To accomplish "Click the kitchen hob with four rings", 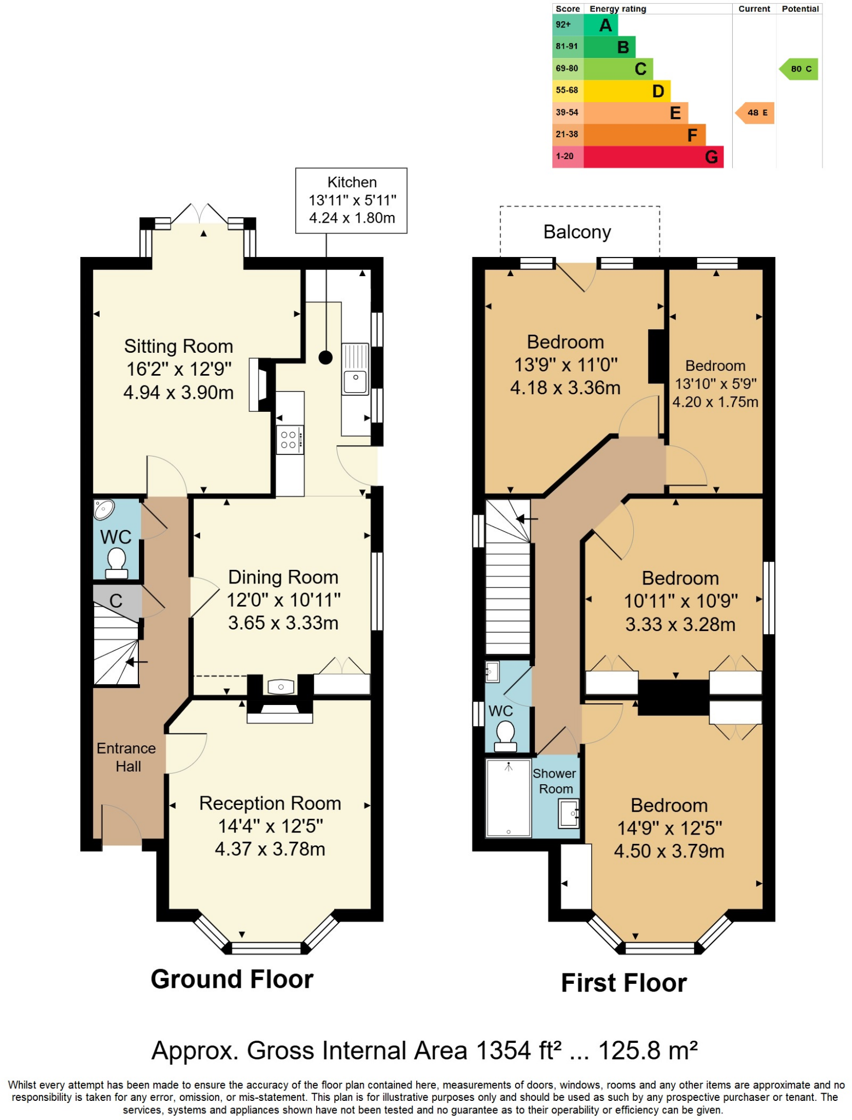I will tap(289, 440).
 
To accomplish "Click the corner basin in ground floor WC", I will tap(103, 510).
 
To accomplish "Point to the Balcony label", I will tap(577, 232).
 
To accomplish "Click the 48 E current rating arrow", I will tap(755, 113).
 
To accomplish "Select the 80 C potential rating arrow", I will tap(800, 69).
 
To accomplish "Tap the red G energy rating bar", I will tap(653, 157).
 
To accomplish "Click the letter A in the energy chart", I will tap(605, 25).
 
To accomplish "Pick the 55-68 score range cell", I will tap(567, 90).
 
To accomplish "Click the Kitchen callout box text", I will tap(352, 200).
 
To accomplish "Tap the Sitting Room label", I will tap(178, 346).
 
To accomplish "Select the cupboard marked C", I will tap(116, 600).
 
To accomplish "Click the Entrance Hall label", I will tap(127, 757).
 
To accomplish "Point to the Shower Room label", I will tap(555, 781).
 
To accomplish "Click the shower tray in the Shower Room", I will tap(509, 798).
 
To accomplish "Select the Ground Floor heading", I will tap(232, 979).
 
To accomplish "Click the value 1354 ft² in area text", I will tap(518, 1051).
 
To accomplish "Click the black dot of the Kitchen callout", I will tap(325, 358).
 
